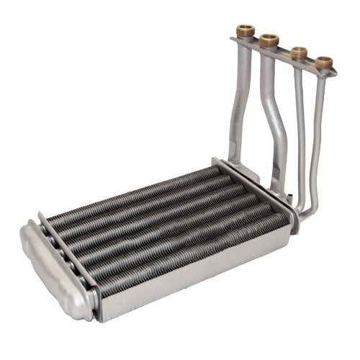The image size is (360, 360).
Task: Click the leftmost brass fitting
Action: (245, 32)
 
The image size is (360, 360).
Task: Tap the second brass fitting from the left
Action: (269, 39)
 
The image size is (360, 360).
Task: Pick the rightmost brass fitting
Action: (323, 62)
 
